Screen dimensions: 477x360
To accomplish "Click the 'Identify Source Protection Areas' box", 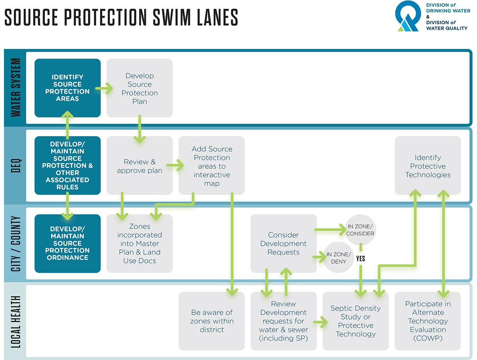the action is pyautogui.click(x=68, y=88).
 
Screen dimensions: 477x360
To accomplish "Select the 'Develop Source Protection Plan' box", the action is pyautogui.click(x=140, y=88).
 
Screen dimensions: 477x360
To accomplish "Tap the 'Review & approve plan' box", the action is pyautogui.click(x=140, y=165).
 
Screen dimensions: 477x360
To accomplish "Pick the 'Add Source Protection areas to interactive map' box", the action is pyautogui.click(x=211, y=165).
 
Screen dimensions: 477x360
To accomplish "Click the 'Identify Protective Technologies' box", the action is pyautogui.click(x=428, y=165).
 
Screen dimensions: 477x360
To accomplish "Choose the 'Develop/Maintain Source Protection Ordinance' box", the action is pyautogui.click(x=68, y=243).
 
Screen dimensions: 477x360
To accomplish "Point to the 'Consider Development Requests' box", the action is pyautogui.click(x=283, y=243).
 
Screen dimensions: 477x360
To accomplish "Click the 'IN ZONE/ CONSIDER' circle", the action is pyautogui.click(x=360, y=230).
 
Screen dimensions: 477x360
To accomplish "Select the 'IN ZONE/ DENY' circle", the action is pyautogui.click(x=339, y=257).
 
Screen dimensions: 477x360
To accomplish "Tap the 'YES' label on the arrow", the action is pyautogui.click(x=361, y=259).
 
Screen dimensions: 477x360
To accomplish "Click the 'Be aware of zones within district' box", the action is pyautogui.click(x=211, y=321).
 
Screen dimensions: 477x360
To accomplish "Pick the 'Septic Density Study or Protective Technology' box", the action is pyautogui.click(x=356, y=321).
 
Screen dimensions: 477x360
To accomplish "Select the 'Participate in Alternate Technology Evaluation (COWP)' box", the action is pyautogui.click(x=428, y=321).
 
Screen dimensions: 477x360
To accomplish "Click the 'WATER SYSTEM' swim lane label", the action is pyautogui.click(x=16, y=88).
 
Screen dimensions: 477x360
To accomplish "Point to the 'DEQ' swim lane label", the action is pyautogui.click(x=16, y=165).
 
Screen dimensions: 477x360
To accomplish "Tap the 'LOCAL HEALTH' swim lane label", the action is pyautogui.click(x=16, y=322).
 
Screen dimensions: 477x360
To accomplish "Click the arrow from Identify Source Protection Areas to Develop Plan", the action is pyautogui.click(x=104, y=88).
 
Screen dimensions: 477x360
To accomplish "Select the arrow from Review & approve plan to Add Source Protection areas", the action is pyautogui.click(x=175, y=165).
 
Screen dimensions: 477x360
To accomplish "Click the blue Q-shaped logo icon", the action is pyautogui.click(x=408, y=16).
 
